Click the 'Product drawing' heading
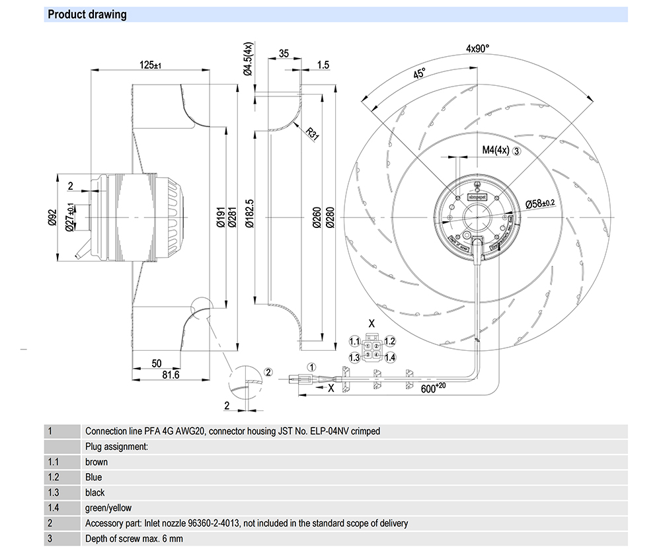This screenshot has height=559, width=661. tap(87, 15)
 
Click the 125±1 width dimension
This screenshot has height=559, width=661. tap(151, 65)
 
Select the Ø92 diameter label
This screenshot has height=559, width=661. tap(52, 217)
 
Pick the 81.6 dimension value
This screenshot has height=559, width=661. tap(171, 375)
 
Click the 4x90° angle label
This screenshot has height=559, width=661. tap(477, 49)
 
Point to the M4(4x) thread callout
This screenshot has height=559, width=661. tap(495, 150)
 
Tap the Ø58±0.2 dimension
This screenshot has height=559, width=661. tap(542, 204)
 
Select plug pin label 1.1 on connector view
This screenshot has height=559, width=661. tap(354, 342)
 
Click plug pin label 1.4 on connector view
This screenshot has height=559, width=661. tap(390, 357)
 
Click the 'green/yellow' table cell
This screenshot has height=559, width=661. tap(108, 508)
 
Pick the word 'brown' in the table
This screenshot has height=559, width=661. tap(97, 462)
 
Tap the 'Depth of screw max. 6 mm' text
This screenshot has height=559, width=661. tap(134, 539)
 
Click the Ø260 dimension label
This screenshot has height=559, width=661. tap(317, 219)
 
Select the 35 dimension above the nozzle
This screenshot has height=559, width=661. tap(284, 54)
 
